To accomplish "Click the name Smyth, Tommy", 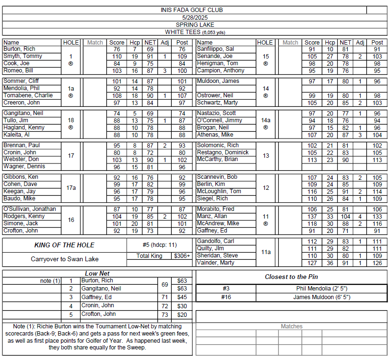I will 23,57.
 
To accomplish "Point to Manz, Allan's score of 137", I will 312,217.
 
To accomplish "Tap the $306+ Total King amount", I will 182,256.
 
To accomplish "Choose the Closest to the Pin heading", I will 291,277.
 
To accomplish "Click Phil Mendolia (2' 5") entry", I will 321,289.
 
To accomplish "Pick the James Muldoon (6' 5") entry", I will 321,297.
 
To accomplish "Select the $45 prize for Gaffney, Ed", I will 182,297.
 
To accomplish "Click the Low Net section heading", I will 97,274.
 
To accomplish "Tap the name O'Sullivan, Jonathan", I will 30,209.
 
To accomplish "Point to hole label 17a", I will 71,188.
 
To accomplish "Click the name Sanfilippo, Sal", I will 215,49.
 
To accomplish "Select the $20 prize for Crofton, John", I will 182,315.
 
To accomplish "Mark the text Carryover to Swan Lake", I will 65,259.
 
